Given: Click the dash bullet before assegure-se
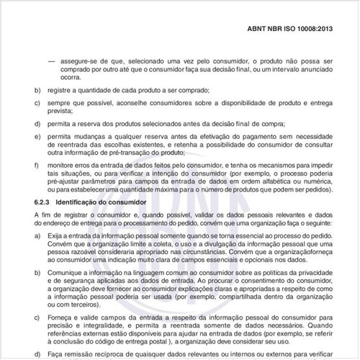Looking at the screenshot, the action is (x=50, y=60).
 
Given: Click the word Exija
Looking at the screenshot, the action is (x=54, y=235).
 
